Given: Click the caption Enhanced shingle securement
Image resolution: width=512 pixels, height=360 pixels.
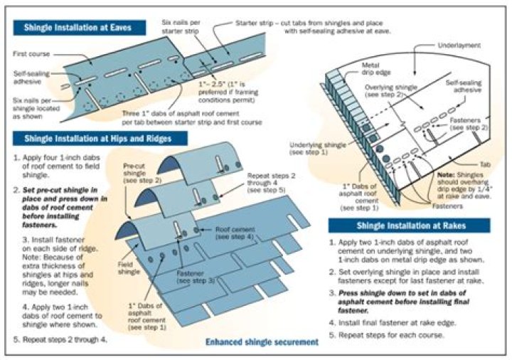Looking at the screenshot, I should tap(262, 342).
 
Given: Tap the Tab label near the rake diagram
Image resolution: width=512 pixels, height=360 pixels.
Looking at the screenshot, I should tap(485, 165).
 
